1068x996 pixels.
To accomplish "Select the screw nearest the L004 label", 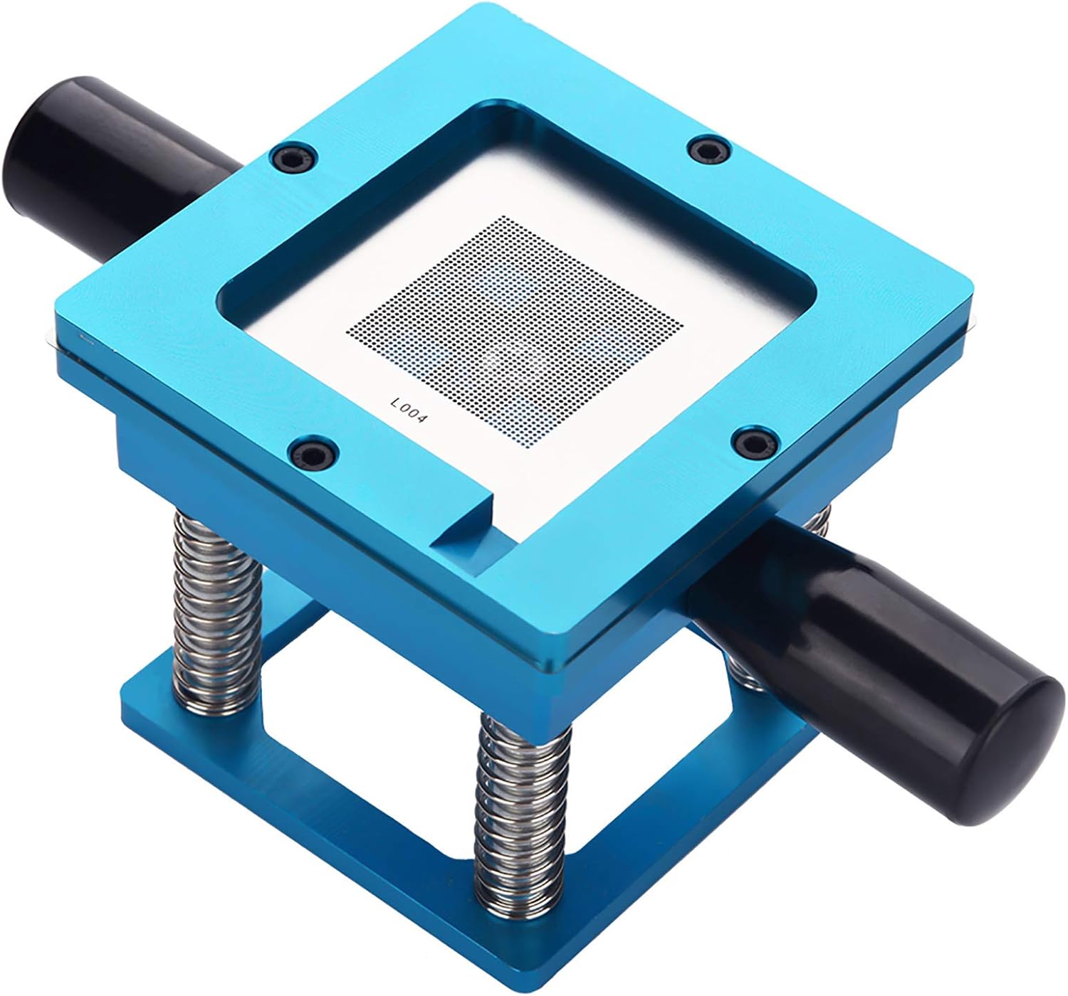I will click(x=311, y=451).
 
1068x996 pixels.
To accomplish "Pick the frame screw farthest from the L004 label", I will click(x=707, y=149).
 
